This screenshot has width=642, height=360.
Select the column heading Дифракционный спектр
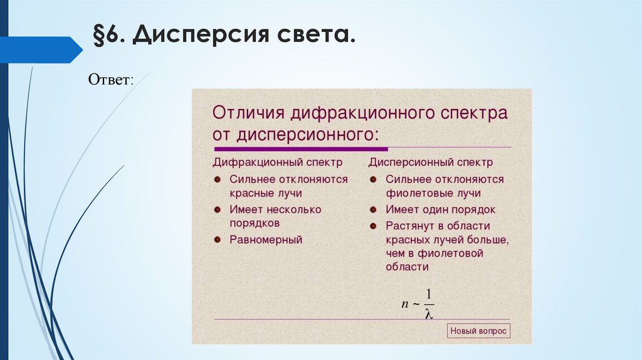tap(277, 162)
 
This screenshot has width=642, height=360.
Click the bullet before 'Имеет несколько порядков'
tap(217, 209)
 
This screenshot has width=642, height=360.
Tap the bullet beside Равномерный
tap(217, 239)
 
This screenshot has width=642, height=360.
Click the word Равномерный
tap(266, 239)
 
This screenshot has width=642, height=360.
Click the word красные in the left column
tap(249, 193)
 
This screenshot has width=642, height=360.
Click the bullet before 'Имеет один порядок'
tap(372, 209)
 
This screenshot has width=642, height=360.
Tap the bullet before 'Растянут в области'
tap(372, 225)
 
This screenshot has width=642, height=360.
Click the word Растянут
tap(409, 225)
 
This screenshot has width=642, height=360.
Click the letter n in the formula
tap(405, 304)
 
